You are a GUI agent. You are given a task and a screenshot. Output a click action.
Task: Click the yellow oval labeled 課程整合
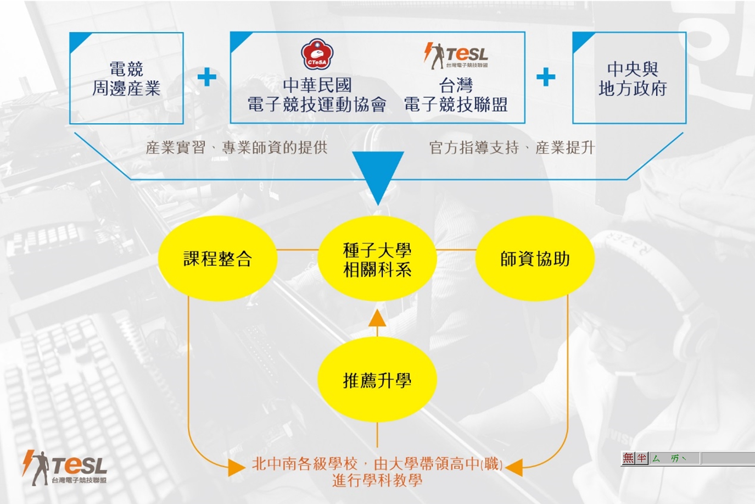[x=217, y=258]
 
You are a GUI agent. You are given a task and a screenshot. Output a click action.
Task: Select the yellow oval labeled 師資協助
[x=535, y=258]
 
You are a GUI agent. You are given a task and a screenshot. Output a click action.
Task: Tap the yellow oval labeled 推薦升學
[x=377, y=380]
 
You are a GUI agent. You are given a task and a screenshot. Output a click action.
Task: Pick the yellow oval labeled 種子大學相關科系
[x=377, y=259]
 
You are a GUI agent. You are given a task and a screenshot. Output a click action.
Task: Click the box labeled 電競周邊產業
[x=126, y=78]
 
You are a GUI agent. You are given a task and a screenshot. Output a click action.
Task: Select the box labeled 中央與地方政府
[x=629, y=78]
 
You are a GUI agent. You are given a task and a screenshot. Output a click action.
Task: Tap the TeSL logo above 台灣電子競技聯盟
[x=456, y=56]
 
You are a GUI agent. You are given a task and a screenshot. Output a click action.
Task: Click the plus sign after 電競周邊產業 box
[x=207, y=77]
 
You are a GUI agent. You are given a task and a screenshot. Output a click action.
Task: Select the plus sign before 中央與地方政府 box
[x=546, y=77]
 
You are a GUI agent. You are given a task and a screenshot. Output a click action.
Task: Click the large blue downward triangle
[x=378, y=176]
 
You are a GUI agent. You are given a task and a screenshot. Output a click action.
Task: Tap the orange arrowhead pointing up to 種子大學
[x=377, y=318]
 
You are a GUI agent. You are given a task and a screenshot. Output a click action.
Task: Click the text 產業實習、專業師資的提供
[x=236, y=147]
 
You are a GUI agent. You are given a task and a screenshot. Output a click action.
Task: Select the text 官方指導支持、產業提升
[x=512, y=147]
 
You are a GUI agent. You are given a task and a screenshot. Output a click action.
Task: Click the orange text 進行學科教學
[x=377, y=480]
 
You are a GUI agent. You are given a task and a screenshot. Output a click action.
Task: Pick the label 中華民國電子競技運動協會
[x=317, y=95]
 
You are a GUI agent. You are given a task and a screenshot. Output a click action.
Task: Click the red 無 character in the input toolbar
[x=628, y=458]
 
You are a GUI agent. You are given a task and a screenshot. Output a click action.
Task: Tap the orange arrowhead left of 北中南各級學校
[x=237, y=467]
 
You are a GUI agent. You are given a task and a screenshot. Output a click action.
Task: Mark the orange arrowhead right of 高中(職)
[x=514, y=467]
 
